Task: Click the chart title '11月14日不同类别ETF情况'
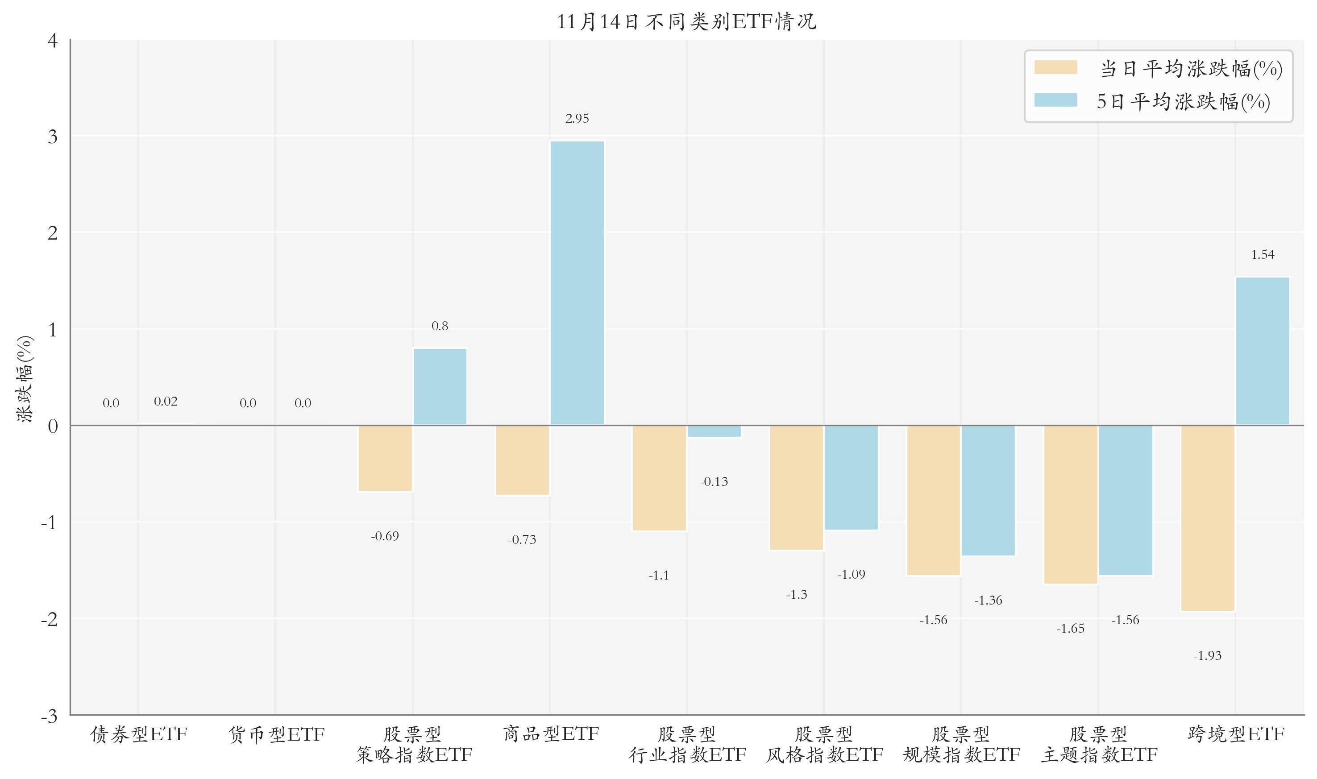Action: [x=686, y=22]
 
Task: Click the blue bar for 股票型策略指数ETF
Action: [x=440, y=386]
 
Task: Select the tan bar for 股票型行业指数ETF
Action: [x=659, y=478]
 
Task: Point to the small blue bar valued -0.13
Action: [x=714, y=431]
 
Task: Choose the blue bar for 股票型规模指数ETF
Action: [x=988, y=490]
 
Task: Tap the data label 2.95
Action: [x=577, y=119]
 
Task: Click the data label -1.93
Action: [x=1207, y=656]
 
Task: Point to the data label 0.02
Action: [x=166, y=402]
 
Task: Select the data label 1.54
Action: [x=1262, y=255]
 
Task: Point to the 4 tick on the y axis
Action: [x=53, y=41]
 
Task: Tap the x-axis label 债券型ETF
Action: [x=139, y=734]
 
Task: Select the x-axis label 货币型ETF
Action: [x=276, y=734]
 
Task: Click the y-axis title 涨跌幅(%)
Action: [x=25, y=378]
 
